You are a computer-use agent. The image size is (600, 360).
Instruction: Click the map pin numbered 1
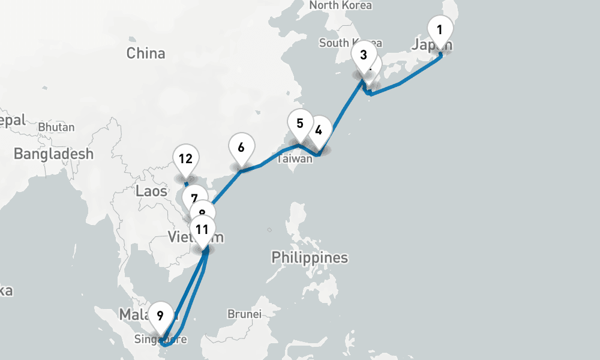point(440,29)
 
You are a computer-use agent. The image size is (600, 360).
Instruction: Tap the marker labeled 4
point(319,130)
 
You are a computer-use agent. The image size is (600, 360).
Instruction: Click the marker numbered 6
point(241,148)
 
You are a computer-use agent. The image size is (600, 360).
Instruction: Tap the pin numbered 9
point(160,315)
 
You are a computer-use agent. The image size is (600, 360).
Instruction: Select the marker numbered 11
point(202,229)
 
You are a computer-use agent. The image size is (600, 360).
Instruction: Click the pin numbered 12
point(185,159)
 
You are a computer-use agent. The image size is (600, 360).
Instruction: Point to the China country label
point(146,53)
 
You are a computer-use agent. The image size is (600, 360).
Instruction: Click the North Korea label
point(340,5)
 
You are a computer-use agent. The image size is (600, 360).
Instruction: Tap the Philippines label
point(310,258)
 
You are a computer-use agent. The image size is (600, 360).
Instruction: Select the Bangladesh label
point(54,154)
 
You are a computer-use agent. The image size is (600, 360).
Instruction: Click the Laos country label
point(148,191)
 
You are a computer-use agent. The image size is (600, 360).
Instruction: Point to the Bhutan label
point(56,127)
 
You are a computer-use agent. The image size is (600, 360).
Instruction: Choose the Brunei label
point(245,314)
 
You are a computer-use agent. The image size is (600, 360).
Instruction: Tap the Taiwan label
point(295,159)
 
